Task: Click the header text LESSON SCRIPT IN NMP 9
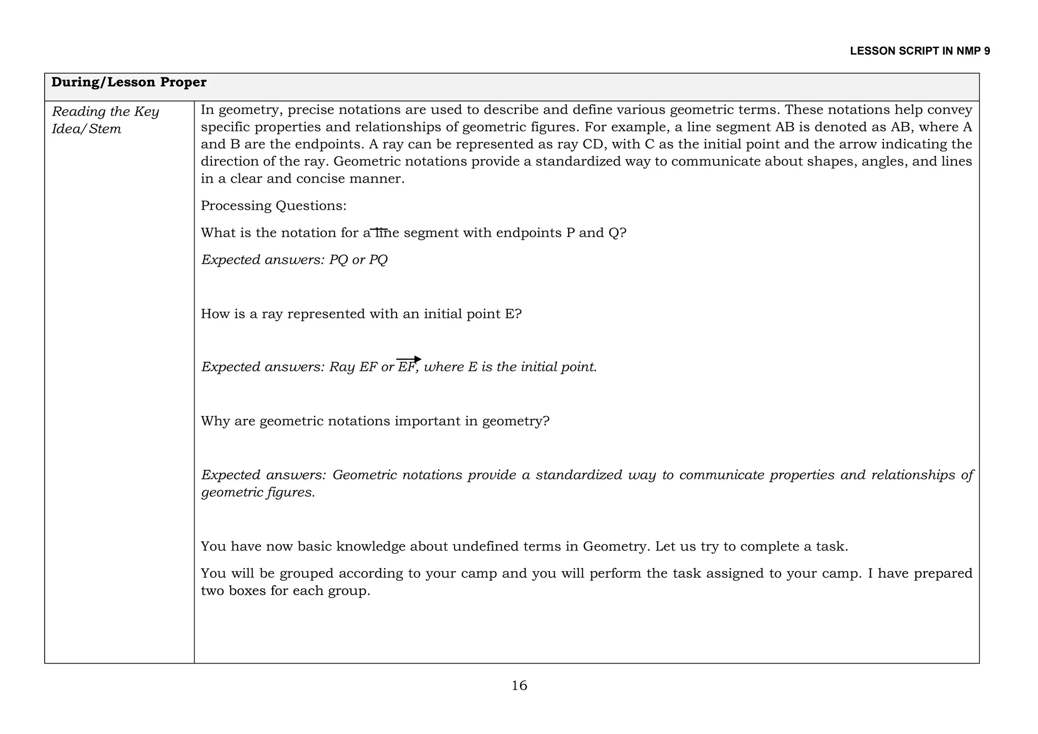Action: (x=919, y=51)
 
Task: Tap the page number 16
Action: (x=519, y=686)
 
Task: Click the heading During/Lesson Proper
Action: (x=129, y=82)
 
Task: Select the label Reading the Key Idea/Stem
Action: (x=105, y=120)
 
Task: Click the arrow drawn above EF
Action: (x=409, y=359)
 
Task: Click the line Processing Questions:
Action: (x=274, y=206)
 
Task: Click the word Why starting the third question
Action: (x=215, y=421)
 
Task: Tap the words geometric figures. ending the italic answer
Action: (x=258, y=493)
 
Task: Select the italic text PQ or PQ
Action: (x=358, y=260)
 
